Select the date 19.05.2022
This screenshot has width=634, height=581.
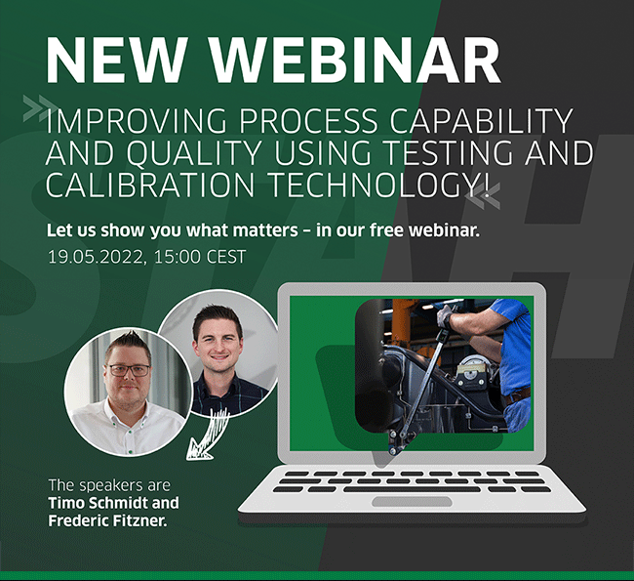95,257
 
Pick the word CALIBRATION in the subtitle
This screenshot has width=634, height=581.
149,185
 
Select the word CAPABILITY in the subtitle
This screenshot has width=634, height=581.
481,121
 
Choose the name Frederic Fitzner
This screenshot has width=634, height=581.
107,520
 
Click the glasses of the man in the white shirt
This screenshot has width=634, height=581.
128,370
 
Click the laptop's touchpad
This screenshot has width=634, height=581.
412,502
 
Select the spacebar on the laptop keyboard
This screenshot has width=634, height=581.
412,489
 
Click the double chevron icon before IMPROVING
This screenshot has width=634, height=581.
39,107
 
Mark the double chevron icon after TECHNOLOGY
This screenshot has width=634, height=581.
483,195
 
